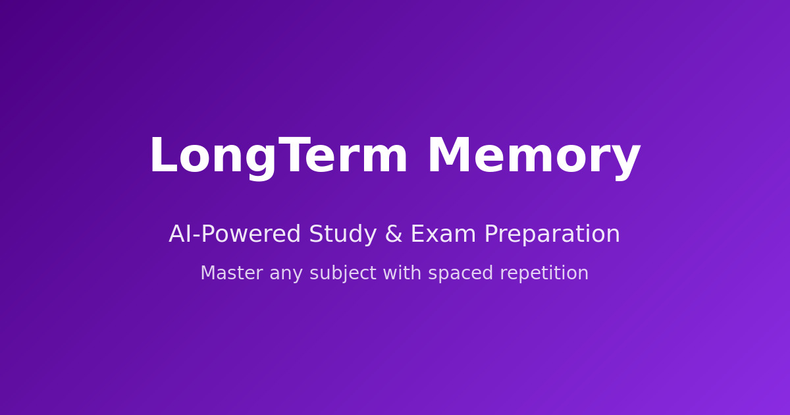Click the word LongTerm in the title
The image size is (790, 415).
point(278,157)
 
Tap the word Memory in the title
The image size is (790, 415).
point(533,157)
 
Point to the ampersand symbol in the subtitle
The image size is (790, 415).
point(394,235)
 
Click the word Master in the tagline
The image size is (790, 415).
point(230,273)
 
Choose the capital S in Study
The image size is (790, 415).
point(316,235)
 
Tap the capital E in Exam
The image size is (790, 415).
point(417,235)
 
